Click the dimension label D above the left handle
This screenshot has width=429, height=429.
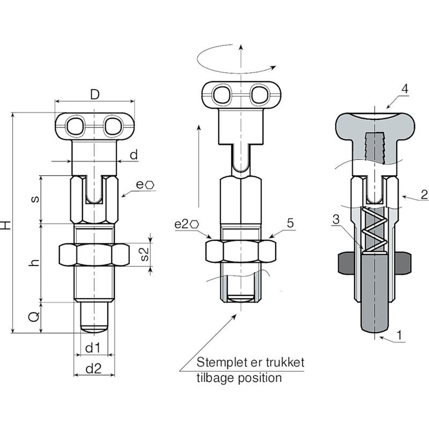(x=95, y=94)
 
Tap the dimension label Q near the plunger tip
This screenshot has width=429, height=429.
(x=34, y=317)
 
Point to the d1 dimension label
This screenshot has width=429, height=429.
(x=93, y=348)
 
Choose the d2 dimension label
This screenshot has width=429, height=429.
(x=94, y=369)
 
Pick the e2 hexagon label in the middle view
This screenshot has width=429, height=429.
(x=186, y=224)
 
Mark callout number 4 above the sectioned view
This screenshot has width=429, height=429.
(x=405, y=89)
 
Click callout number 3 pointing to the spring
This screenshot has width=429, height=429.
(x=336, y=219)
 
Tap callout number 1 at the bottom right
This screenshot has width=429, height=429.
(x=400, y=335)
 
